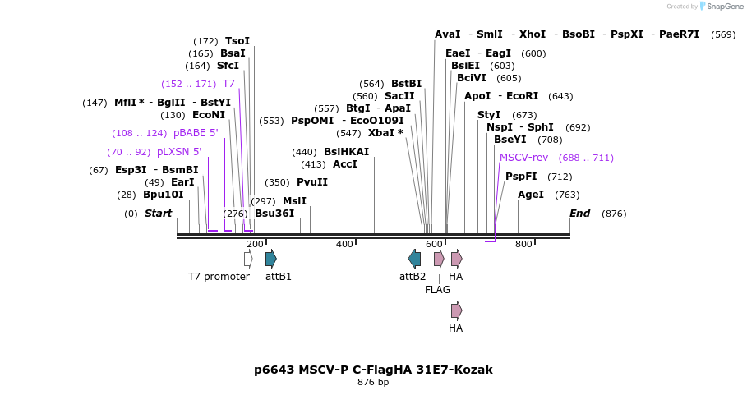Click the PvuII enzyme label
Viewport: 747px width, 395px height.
coord(312,182)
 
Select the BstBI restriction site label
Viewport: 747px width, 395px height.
coord(406,84)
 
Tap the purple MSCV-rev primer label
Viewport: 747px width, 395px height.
coord(523,158)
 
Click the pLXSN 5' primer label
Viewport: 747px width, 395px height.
coord(179,152)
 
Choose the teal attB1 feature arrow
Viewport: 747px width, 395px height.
coord(271,259)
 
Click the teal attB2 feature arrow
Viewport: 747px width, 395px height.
coord(415,259)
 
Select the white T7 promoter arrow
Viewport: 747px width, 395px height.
coord(248,259)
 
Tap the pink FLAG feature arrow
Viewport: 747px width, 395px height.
coord(439,259)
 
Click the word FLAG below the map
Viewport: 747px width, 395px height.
coord(438,290)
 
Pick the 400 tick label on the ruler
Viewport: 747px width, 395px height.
coord(344,244)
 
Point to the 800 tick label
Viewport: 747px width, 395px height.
coord(523,244)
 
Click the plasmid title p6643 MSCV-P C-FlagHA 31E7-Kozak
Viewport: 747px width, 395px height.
coord(373,370)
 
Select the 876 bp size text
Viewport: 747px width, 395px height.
coord(373,383)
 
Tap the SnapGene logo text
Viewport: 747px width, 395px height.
coord(725,7)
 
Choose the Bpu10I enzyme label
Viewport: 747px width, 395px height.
coord(164,195)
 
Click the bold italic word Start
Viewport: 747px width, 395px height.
coord(159,214)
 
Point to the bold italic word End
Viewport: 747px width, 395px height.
coord(580,214)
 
